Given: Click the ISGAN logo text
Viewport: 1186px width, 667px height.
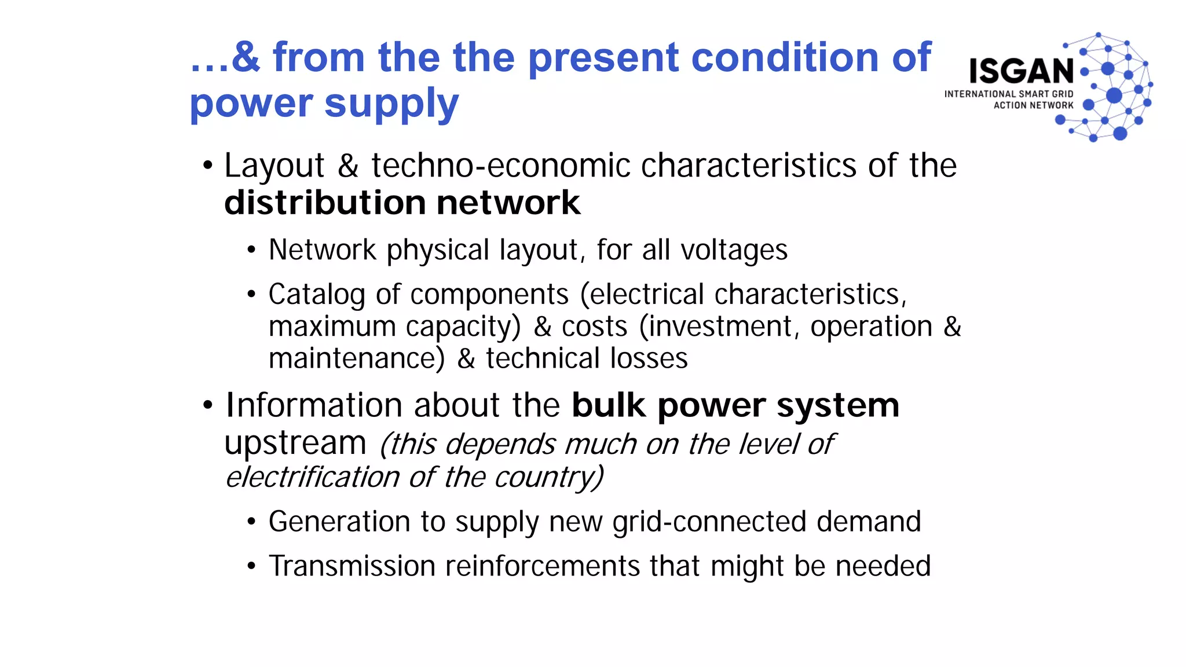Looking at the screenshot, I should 1022,71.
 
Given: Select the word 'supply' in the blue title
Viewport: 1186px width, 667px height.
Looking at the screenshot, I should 391,105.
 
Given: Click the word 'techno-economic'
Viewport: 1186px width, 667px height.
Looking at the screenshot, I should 500,166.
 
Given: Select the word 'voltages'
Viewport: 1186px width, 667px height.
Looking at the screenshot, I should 734,250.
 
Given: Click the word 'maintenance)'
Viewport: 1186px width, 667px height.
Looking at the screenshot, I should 357,358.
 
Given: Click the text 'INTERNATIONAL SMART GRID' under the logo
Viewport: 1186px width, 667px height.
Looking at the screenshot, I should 1009,94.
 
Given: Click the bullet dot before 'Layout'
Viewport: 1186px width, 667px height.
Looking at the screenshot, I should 208,166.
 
